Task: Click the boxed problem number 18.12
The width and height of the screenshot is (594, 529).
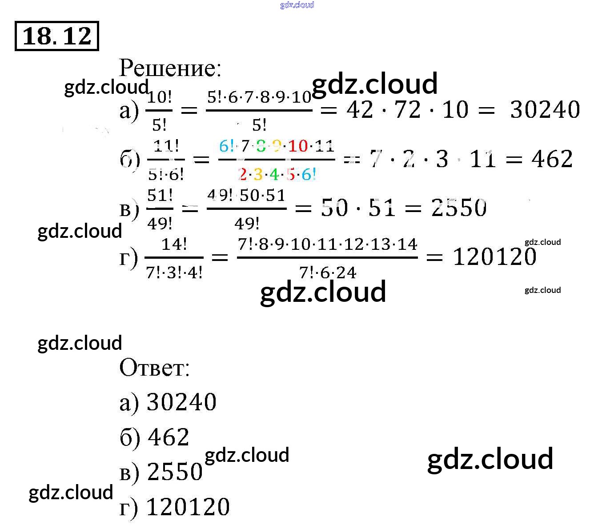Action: coord(56,36)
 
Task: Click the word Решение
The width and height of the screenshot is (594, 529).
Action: coord(170,68)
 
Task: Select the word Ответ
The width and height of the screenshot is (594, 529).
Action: coord(154,368)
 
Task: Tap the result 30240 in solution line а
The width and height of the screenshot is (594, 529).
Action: coord(545,109)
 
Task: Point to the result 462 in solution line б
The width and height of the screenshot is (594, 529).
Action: coord(552,159)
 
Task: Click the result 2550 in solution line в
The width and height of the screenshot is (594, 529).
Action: coord(459,208)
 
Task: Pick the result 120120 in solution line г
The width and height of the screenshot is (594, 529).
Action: coord(494,256)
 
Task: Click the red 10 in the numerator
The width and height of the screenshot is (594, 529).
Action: coord(298,146)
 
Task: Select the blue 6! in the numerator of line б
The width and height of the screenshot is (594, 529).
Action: coord(226,146)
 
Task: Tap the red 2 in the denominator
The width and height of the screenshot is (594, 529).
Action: coord(243,174)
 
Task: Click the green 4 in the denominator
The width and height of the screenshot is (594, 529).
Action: coord(274,174)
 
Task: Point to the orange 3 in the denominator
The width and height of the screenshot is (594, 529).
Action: coord(258,174)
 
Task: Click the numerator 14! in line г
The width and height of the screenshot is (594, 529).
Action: coord(174,244)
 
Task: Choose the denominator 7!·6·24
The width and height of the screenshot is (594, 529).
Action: coord(328,272)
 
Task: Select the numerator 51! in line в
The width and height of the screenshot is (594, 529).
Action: coord(160,195)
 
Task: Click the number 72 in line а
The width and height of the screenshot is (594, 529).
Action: coord(407,109)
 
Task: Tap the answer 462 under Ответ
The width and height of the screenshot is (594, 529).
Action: coord(169,437)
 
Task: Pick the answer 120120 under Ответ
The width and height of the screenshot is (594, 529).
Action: coord(188,507)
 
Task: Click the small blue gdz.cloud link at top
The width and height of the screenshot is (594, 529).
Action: coord(297,5)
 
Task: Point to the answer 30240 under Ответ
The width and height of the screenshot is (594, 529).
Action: coord(181,402)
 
